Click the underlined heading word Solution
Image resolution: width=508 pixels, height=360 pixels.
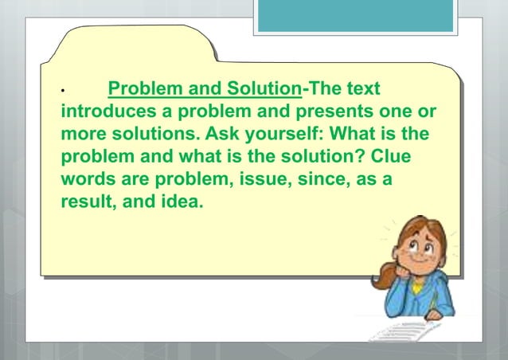pyautogui.click(x=264, y=88)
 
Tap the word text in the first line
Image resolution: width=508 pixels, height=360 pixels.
pyautogui.click(x=360, y=88)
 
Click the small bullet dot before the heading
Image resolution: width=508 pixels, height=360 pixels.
pyautogui.click(x=63, y=92)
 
